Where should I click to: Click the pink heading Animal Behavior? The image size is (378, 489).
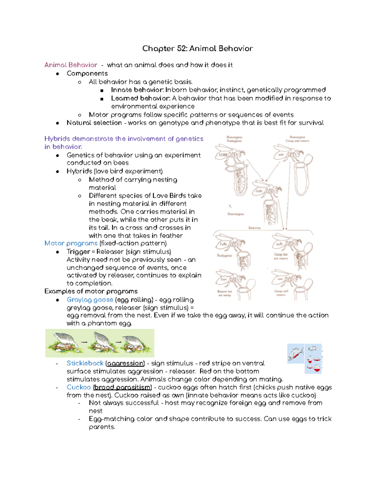point(71,65)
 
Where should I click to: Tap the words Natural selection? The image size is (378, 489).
point(94,123)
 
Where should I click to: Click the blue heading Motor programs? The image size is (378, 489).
point(71,243)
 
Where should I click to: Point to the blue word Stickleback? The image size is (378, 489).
point(85,363)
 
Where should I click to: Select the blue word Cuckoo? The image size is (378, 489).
point(78,387)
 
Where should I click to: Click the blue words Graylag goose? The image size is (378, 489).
point(90,299)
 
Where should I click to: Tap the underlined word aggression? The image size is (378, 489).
point(125,363)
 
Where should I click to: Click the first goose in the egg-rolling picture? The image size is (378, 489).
point(65,342)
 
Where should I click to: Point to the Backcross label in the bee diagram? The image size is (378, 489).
point(254,228)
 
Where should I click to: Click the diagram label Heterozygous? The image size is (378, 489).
point(236,214)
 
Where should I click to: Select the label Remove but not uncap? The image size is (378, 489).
point(225,293)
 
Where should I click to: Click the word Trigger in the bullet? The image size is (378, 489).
point(78,252)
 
